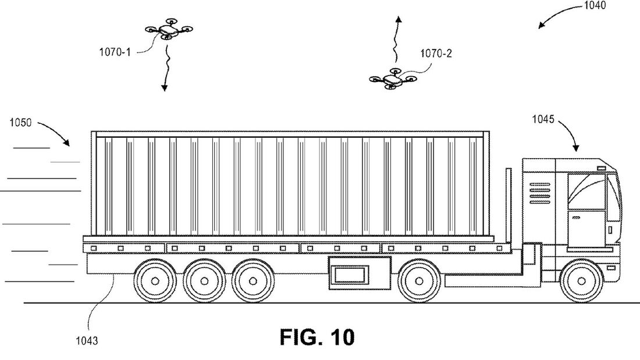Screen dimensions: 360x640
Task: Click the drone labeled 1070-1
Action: tap(168, 30)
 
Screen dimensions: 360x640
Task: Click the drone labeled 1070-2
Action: tap(393, 80)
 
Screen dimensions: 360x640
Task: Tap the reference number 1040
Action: tap(593, 6)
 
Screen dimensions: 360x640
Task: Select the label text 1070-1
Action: tap(114, 51)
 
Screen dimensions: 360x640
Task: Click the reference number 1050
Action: tap(20, 123)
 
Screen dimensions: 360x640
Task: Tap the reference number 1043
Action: tap(86, 341)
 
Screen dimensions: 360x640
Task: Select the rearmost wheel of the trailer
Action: tap(155, 281)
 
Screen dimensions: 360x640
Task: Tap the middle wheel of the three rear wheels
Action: tap(204, 281)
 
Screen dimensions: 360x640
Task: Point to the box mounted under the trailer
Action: tap(350, 273)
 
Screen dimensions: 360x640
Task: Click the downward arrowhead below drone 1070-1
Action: tap(164, 88)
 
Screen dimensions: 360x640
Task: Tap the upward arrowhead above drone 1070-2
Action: tap(398, 20)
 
